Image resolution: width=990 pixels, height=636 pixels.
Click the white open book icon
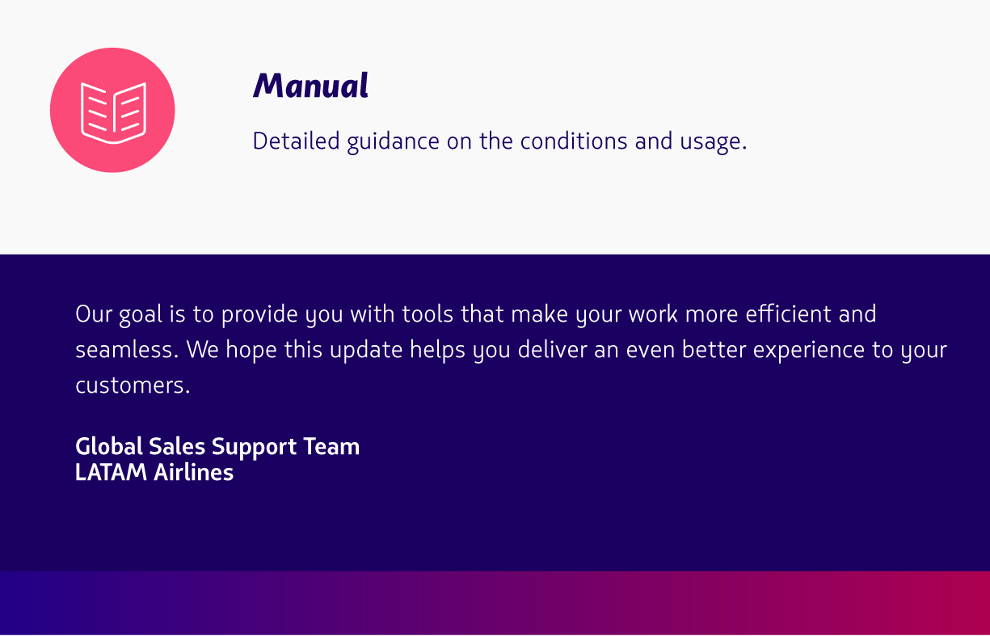pyautogui.click(x=114, y=113)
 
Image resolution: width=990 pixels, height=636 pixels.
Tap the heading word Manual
pyautogui.click(x=310, y=86)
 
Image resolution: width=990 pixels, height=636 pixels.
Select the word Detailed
pyautogui.click(x=296, y=141)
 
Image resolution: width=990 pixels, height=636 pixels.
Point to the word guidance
pyautogui.click(x=393, y=142)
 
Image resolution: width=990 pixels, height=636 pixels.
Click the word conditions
pyautogui.click(x=574, y=141)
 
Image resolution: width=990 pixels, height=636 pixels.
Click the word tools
pyautogui.click(x=428, y=314)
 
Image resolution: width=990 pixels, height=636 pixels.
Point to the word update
pyautogui.click(x=366, y=351)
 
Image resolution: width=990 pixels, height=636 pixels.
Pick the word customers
pyautogui.click(x=133, y=385)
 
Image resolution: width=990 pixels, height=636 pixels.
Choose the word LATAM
pyautogui.click(x=111, y=473)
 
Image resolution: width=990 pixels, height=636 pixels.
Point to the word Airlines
pyautogui.click(x=194, y=473)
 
